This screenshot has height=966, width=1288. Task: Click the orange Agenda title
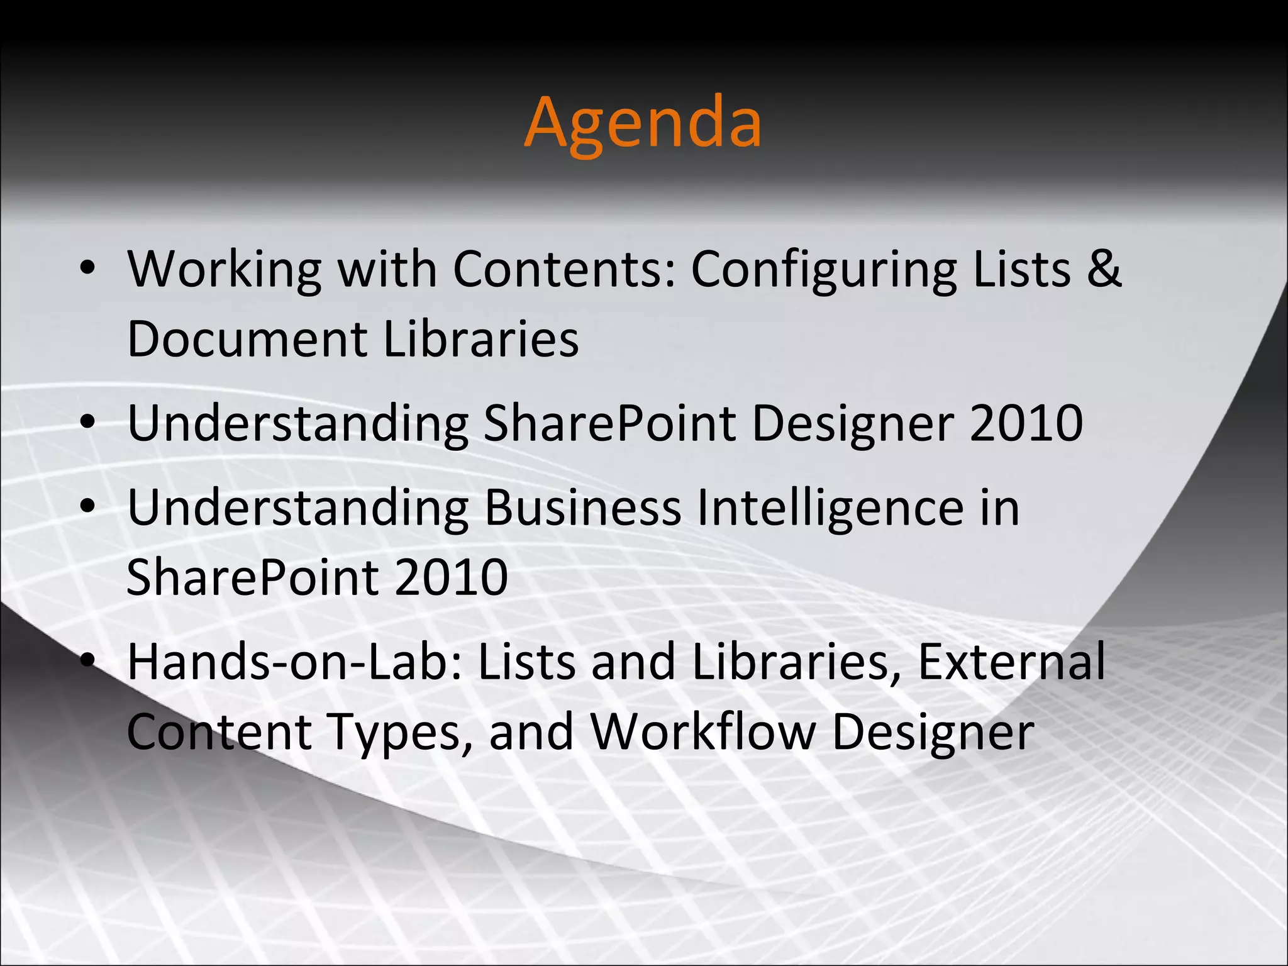(x=643, y=123)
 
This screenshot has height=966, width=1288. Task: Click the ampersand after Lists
(x=1104, y=269)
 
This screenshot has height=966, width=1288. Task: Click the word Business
(x=582, y=508)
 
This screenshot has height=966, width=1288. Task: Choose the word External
(x=1011, y=662)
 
